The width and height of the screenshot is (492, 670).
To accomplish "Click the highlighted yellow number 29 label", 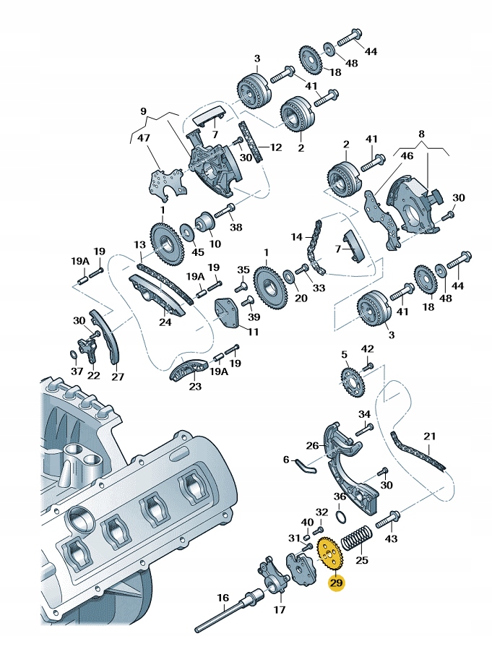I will (x=337, y=582).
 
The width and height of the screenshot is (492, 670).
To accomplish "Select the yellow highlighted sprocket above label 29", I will (x=329, y=554).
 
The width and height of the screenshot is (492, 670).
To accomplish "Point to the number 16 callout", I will (x=223, y=598).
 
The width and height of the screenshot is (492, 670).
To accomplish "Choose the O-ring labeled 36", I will (x=341, y=514).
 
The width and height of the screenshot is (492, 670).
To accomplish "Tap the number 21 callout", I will (x=431, y=436).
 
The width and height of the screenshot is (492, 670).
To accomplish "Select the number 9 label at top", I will (x=143, y=111).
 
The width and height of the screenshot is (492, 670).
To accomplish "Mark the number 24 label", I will (x=165, y=322).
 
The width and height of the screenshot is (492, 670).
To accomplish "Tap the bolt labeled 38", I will (x=223, y=210).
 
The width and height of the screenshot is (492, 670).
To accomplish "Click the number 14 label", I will (x=297, y=236).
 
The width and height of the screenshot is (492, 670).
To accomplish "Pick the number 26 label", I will (x=312, y=445).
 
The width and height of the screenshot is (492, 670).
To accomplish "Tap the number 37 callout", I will (x=76, y=371).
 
